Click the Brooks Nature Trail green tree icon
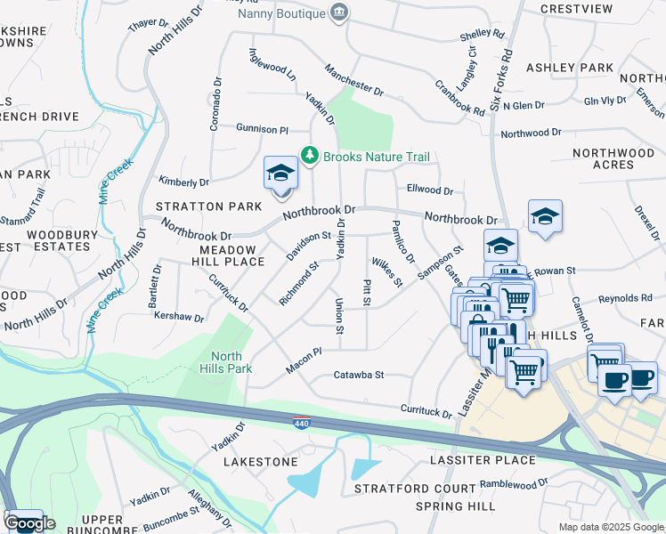pyautogui.click(x=310, y=157)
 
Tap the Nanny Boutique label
pyautogui.click(x=280, y=13)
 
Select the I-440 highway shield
pyautogui.click(x=302, y=419)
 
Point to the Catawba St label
pyautogui.click(x=358, y=376)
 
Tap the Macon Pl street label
pyautogui.click(x=303, y=360)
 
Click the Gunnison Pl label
pyautogui.click(x=262, y=129)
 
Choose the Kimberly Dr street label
pyautogui.click(x=183, y=182)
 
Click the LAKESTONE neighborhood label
pyautogui.click(x=260, y=463)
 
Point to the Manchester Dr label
pyautogui.click(x=353, y=79)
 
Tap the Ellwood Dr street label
pyautogui.click(x=430, y=190)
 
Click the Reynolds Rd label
pyautogui.click(x=621, y=300)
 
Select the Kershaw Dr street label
pyautogui.click(x=180, y=316)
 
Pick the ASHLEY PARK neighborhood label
pyautogui.click(x=570, y=68)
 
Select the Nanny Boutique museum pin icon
pyautogui.click(x=339, y=12)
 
